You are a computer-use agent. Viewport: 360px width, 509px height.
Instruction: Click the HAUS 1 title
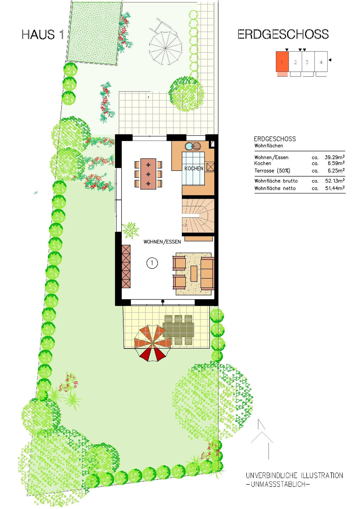click(x=43, y=35)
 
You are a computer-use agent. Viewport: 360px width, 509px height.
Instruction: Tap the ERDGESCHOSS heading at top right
click(x=283, y=34)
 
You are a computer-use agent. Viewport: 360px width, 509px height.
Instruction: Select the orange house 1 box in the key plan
click(x=282, y=61)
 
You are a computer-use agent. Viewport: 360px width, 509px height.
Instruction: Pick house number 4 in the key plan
click(x=321, y=62)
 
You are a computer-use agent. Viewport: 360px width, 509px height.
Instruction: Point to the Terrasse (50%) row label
click(x=272, y=171)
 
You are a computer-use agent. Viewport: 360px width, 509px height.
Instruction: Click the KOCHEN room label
click(x=194, y=168)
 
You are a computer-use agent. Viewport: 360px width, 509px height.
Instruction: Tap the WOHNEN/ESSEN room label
click(x=162, y=242)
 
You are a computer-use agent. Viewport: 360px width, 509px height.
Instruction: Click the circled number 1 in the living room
click(x=152, y=263)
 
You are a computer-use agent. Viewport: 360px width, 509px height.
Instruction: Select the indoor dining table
click(x=148, y=174)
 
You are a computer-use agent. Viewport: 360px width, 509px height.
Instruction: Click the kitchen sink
click(x=193, y=146)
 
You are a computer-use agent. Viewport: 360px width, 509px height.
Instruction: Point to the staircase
click(x=198, y=216)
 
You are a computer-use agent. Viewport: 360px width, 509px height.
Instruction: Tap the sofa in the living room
click(x=207, y=273)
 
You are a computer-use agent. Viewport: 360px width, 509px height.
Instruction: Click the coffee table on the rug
click(x=194, y=273)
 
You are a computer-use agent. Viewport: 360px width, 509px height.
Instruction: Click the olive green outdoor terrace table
click(x=178, y=329)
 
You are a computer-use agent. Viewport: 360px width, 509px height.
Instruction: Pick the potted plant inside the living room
click(x=131, y=230)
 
